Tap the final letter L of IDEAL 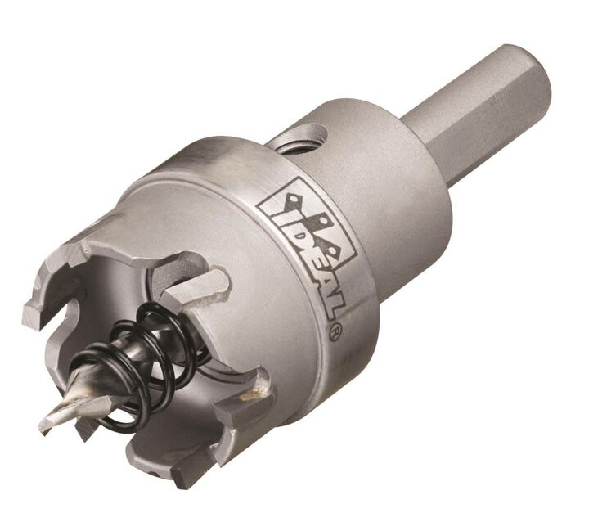331,306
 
